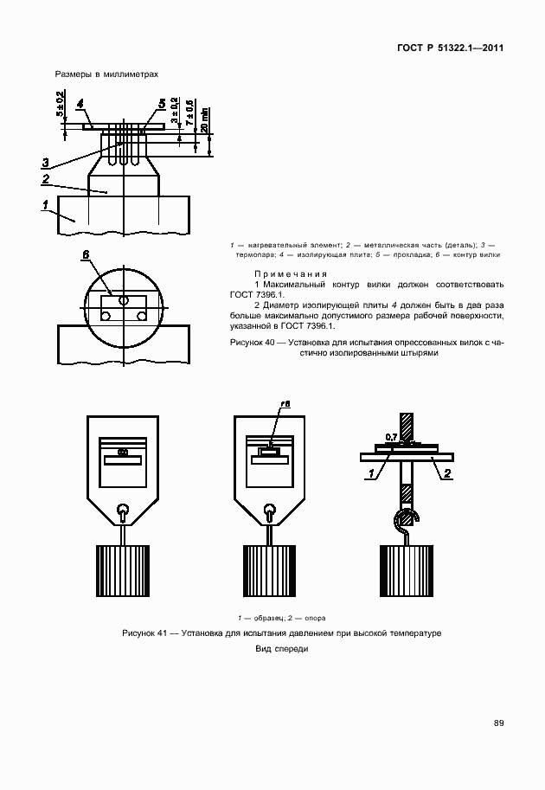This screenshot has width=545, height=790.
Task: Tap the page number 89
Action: [x=498, y=723]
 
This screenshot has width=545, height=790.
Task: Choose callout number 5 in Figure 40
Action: [x=162, y=104]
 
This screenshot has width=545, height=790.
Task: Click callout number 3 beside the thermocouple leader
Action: [x=45, y=162]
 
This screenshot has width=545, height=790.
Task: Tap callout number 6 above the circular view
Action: [x=86, y=255]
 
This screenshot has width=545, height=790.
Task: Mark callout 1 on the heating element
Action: [x=44, y=204]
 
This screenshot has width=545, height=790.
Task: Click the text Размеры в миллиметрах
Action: [x=107, y=74]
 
